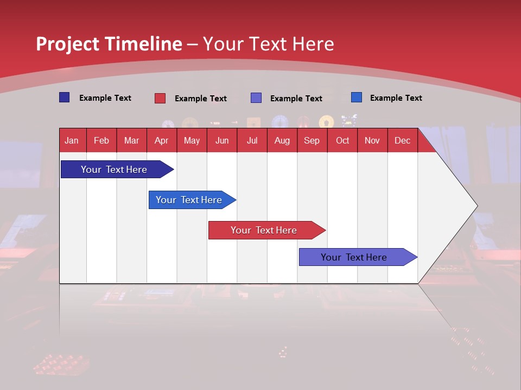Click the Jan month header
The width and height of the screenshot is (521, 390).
point(72,140)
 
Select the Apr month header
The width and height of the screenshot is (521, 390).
point(162,140)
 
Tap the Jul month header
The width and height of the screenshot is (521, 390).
point(252,140)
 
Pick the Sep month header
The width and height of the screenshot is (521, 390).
point(312,140)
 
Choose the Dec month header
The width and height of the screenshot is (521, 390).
point(402,140)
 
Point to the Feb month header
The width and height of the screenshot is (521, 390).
point(101,140)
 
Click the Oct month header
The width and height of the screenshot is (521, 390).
point(342,140)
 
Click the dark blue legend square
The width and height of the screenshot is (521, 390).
point(64,97)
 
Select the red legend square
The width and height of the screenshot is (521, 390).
point(160,98)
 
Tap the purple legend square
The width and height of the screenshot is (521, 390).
point(256,98)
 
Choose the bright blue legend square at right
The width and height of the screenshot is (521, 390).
point(356,97)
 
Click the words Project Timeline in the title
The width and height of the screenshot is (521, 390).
point(109,44)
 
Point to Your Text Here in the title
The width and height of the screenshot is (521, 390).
point(269,44)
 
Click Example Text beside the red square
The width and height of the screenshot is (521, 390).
point(200,99)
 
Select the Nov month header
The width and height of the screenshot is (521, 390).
point(372,140)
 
